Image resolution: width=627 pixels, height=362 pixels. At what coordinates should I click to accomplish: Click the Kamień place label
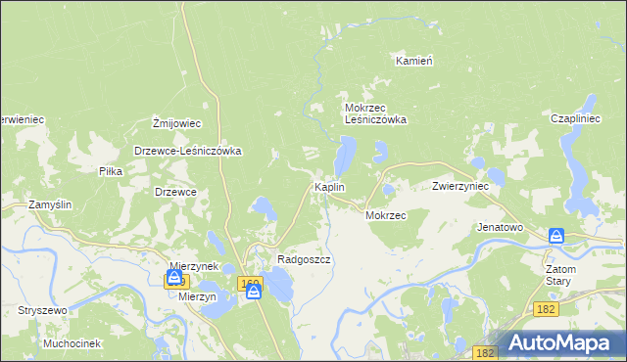click(x=414, y=61)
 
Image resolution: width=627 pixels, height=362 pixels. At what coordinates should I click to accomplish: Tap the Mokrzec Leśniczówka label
click(x=374, y=113)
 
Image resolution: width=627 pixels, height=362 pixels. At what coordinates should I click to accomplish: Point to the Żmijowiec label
click(x=176, y=123)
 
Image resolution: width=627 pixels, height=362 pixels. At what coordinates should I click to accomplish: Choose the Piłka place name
click(x=110, y=170)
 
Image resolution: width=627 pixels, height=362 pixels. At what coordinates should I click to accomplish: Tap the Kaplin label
click(x=328, y=186)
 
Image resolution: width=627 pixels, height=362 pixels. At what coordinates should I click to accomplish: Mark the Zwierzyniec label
click(x=460, y=186)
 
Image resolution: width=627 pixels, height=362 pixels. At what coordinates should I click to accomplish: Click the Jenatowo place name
click(x=500, y=226)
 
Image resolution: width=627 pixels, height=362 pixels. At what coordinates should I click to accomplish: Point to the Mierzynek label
click(x=193, y=265)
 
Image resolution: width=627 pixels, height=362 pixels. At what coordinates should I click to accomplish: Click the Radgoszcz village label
click(x=305, y=259)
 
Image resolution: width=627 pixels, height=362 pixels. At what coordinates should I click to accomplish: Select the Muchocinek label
click(x=72, y=343)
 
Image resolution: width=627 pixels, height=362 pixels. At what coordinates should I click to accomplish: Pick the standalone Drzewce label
click(x=176, y=192)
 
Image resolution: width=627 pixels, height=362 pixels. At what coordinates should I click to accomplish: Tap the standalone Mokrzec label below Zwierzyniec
click(x=385, y=214)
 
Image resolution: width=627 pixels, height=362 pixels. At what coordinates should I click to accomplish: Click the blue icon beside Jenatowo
click(x=556, y=236)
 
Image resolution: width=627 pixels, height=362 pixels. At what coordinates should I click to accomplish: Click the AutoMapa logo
click(x=565, y=341)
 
